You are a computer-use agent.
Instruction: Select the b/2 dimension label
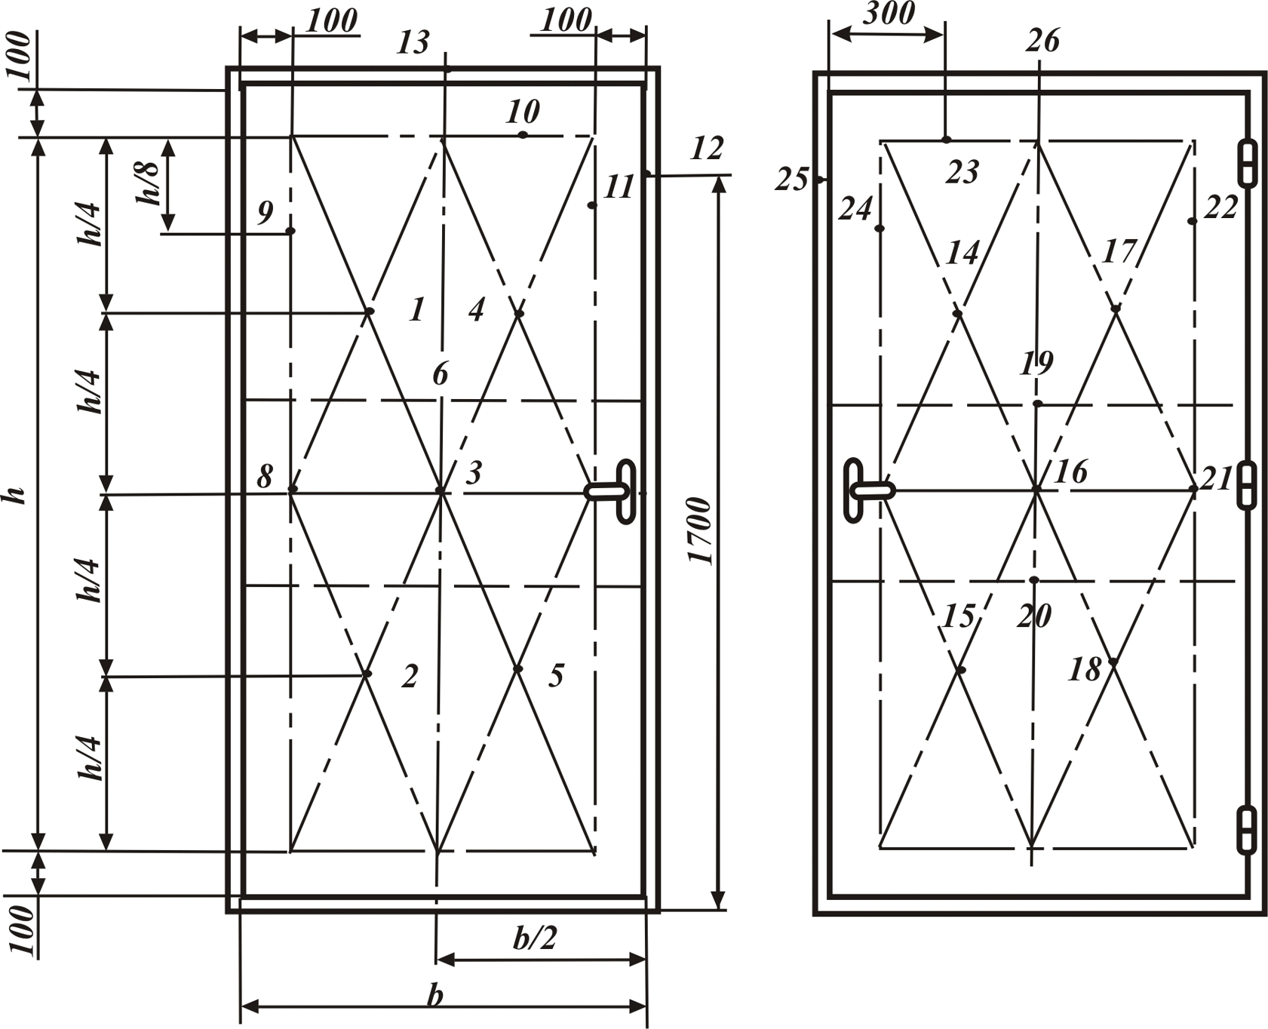tap(535, 938)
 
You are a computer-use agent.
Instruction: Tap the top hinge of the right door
tap(1248, 162)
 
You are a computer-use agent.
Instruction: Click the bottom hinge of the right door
tap(1248, 829)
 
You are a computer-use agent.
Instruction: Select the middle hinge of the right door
tap(1248, 485)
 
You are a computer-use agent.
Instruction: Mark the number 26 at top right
tap(1042, 40)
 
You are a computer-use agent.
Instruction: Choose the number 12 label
tap(707, 149)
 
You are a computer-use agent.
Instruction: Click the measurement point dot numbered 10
tap(522, 135)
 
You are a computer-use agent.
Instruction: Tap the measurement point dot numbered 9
tap(290, 230)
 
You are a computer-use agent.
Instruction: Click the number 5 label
tap(556, 676)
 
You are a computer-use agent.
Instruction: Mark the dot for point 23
tap(946, 140)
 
